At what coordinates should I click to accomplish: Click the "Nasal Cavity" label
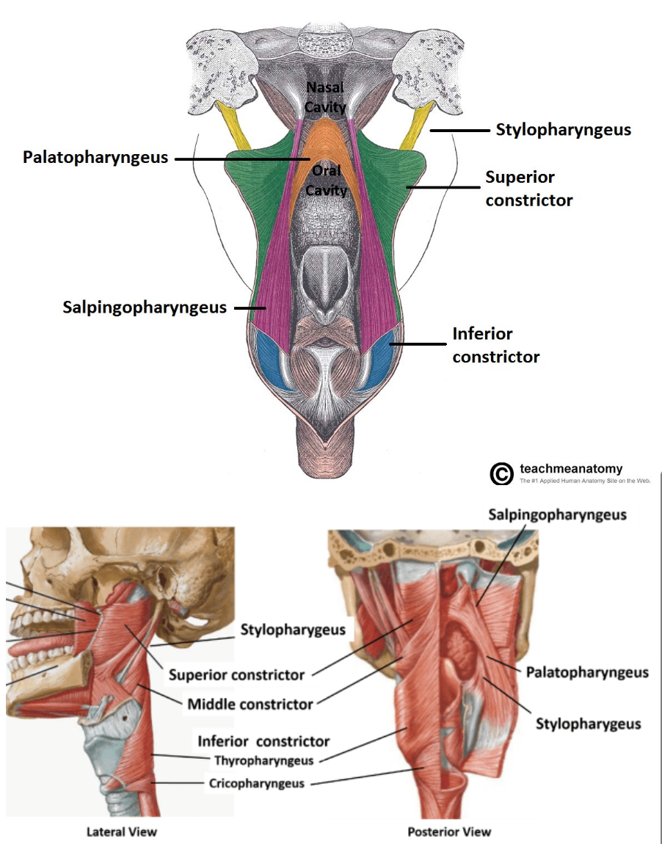click(x=324, y=98)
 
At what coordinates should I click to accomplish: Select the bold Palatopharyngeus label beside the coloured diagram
click(x=95, y=157)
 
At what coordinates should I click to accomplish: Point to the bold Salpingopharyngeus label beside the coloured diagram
click(x=145, y=308)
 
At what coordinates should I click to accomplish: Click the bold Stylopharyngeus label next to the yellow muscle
click(x=563, y=130)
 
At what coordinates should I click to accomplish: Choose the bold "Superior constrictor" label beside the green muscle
click(x=528, y=189)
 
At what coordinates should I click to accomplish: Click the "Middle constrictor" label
click(x=250, y=705)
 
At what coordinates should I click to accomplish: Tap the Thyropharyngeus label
click(x=263, y=760)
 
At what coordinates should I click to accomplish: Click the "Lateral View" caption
click(x=122, y=832)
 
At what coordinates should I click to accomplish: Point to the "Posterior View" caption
click(x=450, y=832)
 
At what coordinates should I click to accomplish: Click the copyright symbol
click(x=501, y=474)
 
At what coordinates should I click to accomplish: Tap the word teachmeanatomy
click(x=570, y=468)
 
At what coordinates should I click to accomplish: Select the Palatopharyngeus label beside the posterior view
click(x=587, y=672)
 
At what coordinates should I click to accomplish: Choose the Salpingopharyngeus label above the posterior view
click(x=557, y=514)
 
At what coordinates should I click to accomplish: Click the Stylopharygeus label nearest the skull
click(x=293, y=630)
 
